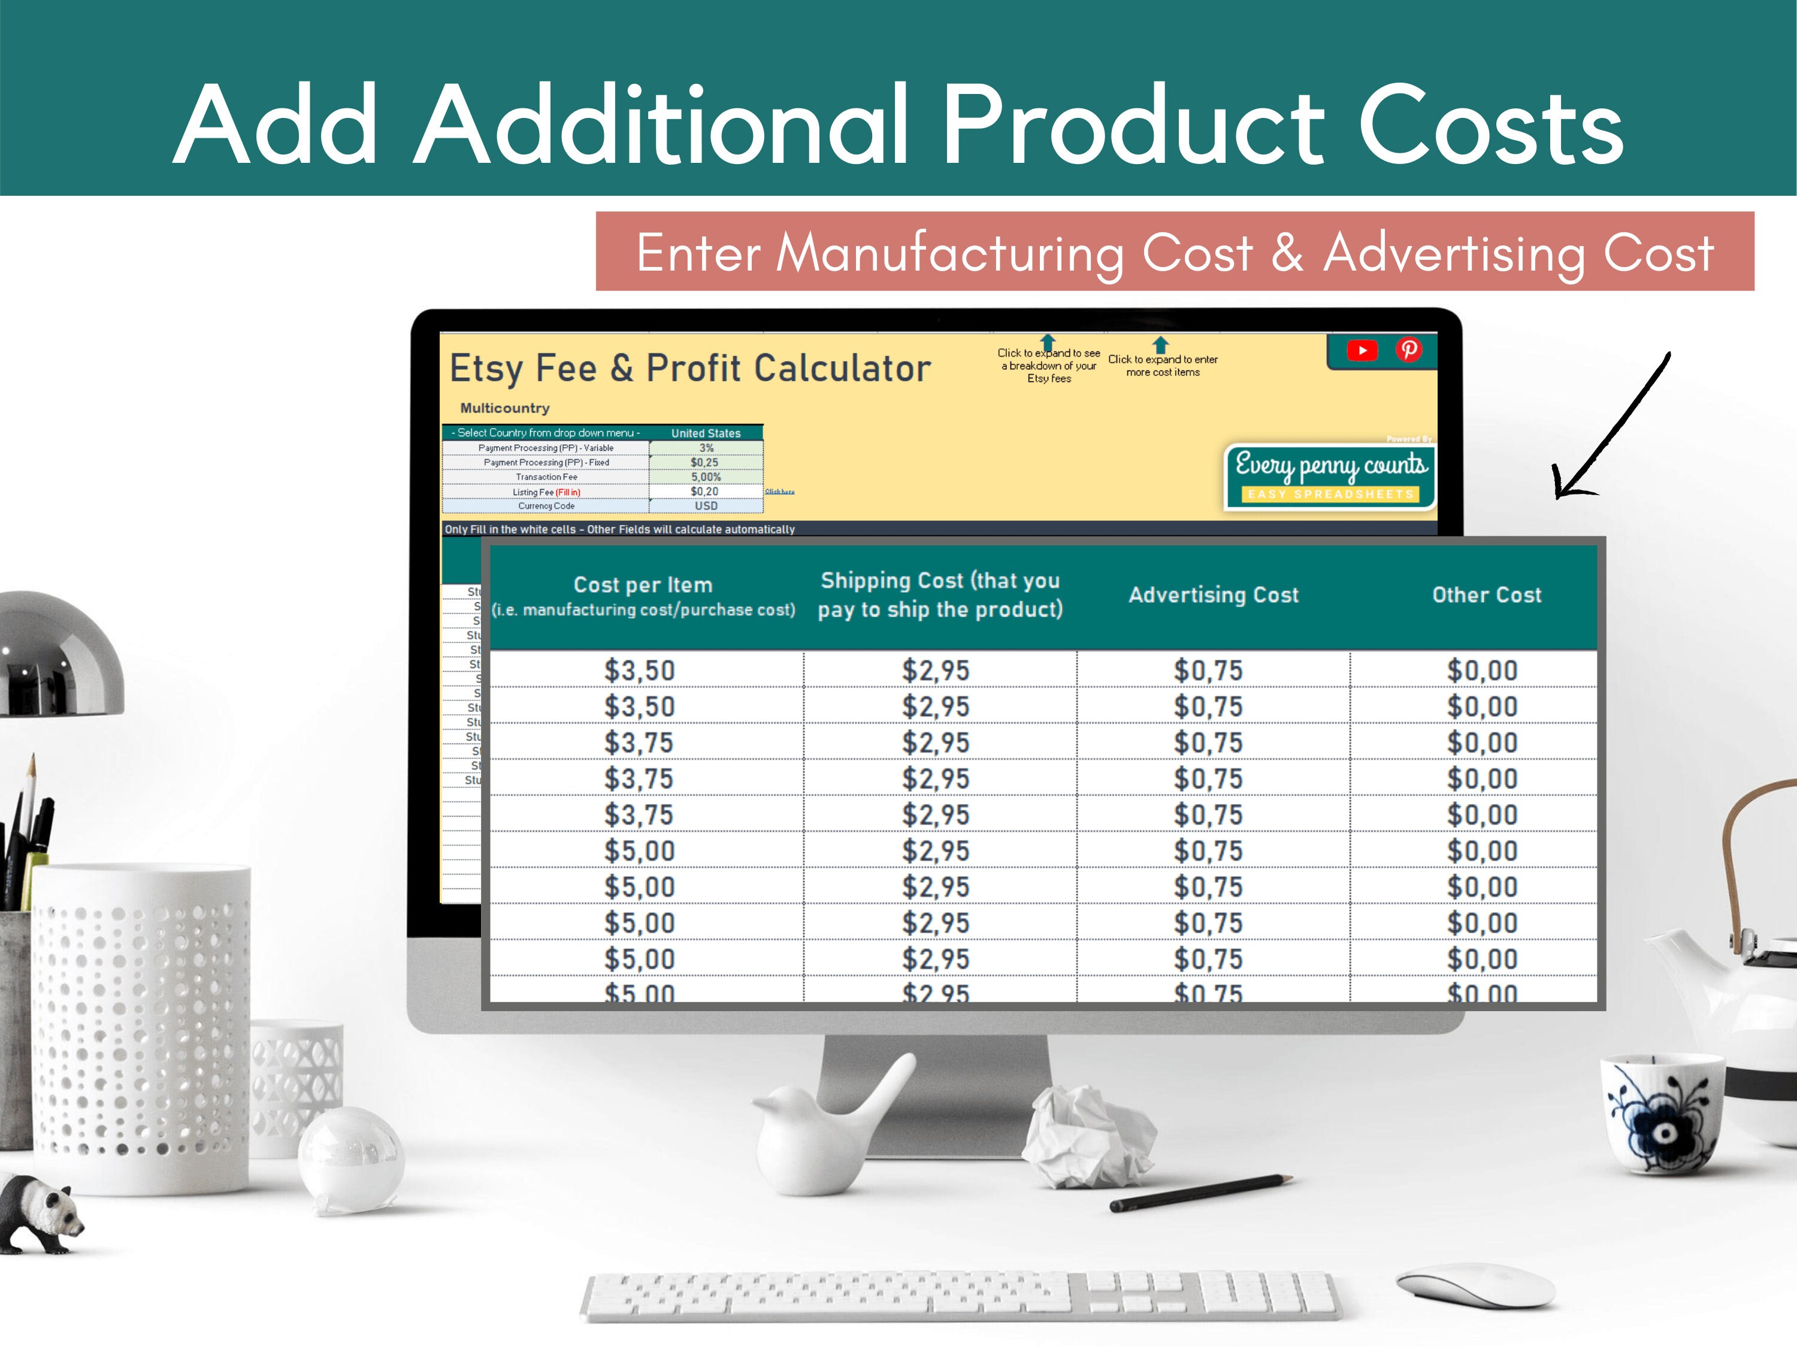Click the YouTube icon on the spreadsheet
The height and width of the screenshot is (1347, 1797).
[1362, 350]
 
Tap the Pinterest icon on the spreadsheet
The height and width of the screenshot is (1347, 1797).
[1409, 350]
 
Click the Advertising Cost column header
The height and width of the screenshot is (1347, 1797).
[1214, 595]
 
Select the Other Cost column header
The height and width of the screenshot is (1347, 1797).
[1487, 595]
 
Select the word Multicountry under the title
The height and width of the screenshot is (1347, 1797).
[504, 408]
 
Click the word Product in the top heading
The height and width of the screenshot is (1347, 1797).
[1133, 126]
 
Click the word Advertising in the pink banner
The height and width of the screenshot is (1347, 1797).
[1454, 253]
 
